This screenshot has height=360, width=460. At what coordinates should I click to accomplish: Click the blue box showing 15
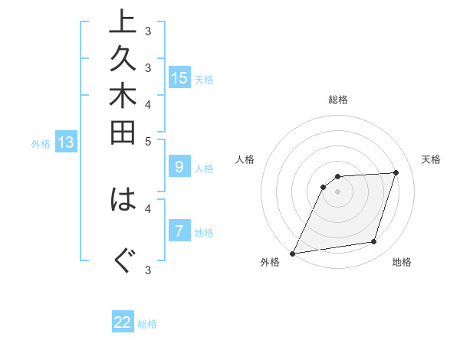click(179, 77)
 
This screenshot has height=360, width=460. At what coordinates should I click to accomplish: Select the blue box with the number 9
click(179, 166)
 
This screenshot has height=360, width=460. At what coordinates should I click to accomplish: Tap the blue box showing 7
click(179, 231)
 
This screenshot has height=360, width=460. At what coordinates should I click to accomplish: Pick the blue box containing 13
click(66, 142)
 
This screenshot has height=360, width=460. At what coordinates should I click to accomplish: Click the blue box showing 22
click(123, 322)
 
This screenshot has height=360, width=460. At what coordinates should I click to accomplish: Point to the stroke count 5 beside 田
click(148, 141)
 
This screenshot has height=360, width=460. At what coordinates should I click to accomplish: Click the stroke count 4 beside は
click(148, 207)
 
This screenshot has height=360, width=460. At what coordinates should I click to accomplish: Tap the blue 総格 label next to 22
click(147, 324)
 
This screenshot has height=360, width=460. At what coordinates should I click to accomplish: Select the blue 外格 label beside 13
click(41, 143)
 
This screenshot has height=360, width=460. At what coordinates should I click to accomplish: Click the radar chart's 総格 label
click(338, 100)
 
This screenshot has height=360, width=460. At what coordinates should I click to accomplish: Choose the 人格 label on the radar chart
click(245, 159)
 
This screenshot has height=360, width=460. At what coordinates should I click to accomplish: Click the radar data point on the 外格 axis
click(293, 253)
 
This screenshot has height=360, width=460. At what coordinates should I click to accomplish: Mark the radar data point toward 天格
click(396, 172)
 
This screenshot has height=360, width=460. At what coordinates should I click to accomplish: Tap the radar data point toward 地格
click(374, 242)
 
